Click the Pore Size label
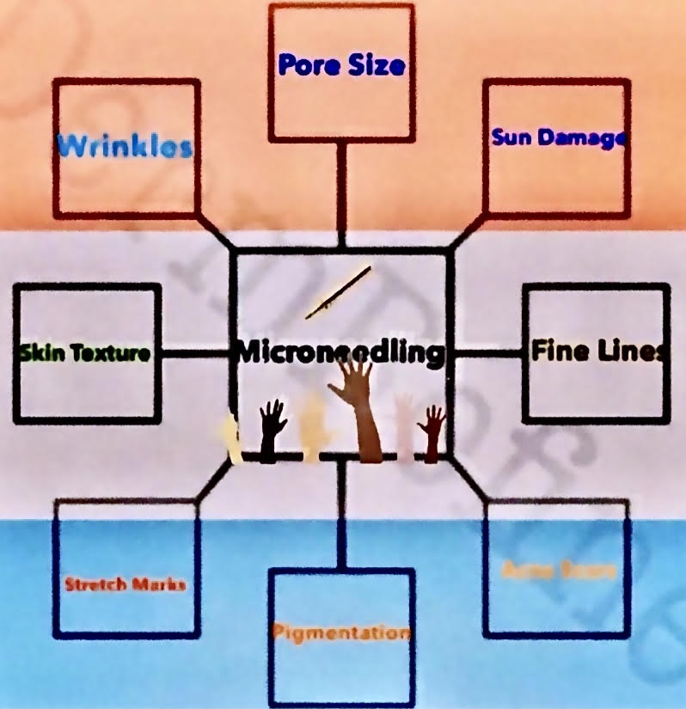tap(342, 66)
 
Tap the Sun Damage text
tap(557, 137)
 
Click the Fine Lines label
tap(597, 351)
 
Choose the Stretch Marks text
tap(126, 585)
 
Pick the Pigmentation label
tap(340, 633)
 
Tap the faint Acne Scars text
tap(559, 570)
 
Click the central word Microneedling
tap(341, 351)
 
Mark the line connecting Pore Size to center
tap(342, 193)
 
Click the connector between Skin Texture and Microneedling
tap(196, 352)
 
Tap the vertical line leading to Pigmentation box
tap(342, 512)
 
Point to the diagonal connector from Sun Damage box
tap(468, 230)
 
